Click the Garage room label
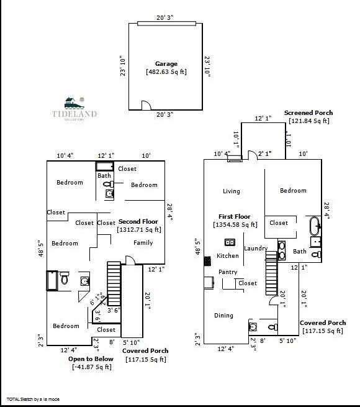tap(166, 63)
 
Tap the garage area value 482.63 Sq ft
tap(166, 71)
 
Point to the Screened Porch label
tap(308, 112)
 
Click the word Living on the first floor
tap(232, 191)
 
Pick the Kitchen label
tap(227, 256)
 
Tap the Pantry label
tap(228, 272)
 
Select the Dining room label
tap(223, 316)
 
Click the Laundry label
tap(255, 249)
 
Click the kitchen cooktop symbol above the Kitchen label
tap(229, 242)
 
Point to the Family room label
tap(143, 243)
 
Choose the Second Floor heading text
tap(138, 222)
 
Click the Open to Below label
tap(90, 359)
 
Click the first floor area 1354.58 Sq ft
tap(235, 225)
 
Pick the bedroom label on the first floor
tap(293, 191)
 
